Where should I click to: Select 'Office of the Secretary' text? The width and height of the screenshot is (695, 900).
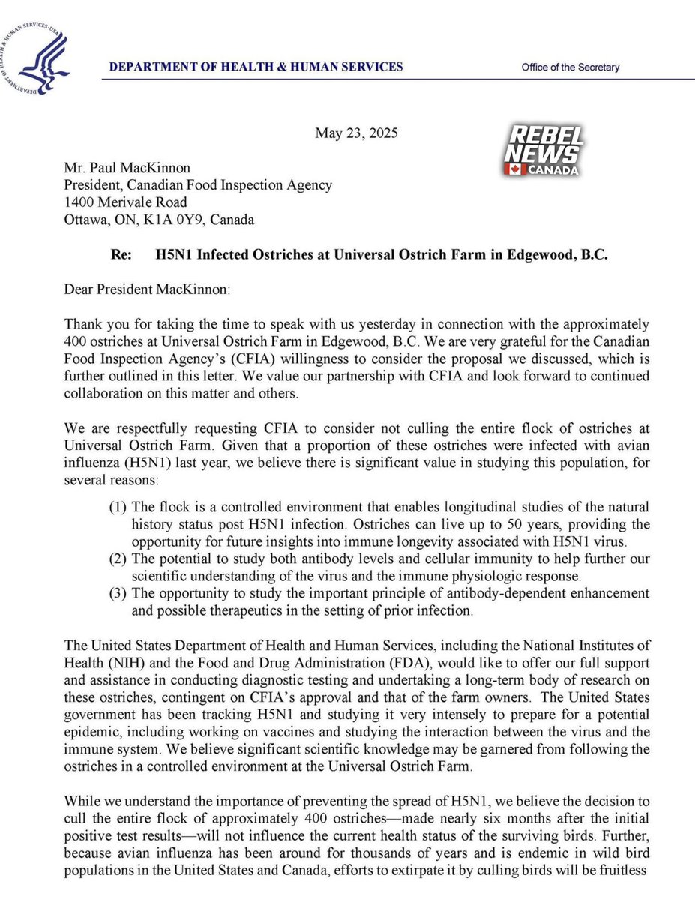tap(571, 67)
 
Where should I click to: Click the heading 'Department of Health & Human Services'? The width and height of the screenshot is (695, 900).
tap(256, 67)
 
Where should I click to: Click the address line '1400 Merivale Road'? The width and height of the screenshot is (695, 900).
tap(127, 202)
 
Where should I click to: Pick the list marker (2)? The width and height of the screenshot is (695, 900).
tap(119, 559)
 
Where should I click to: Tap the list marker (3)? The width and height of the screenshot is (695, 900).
tap(119, 594)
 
